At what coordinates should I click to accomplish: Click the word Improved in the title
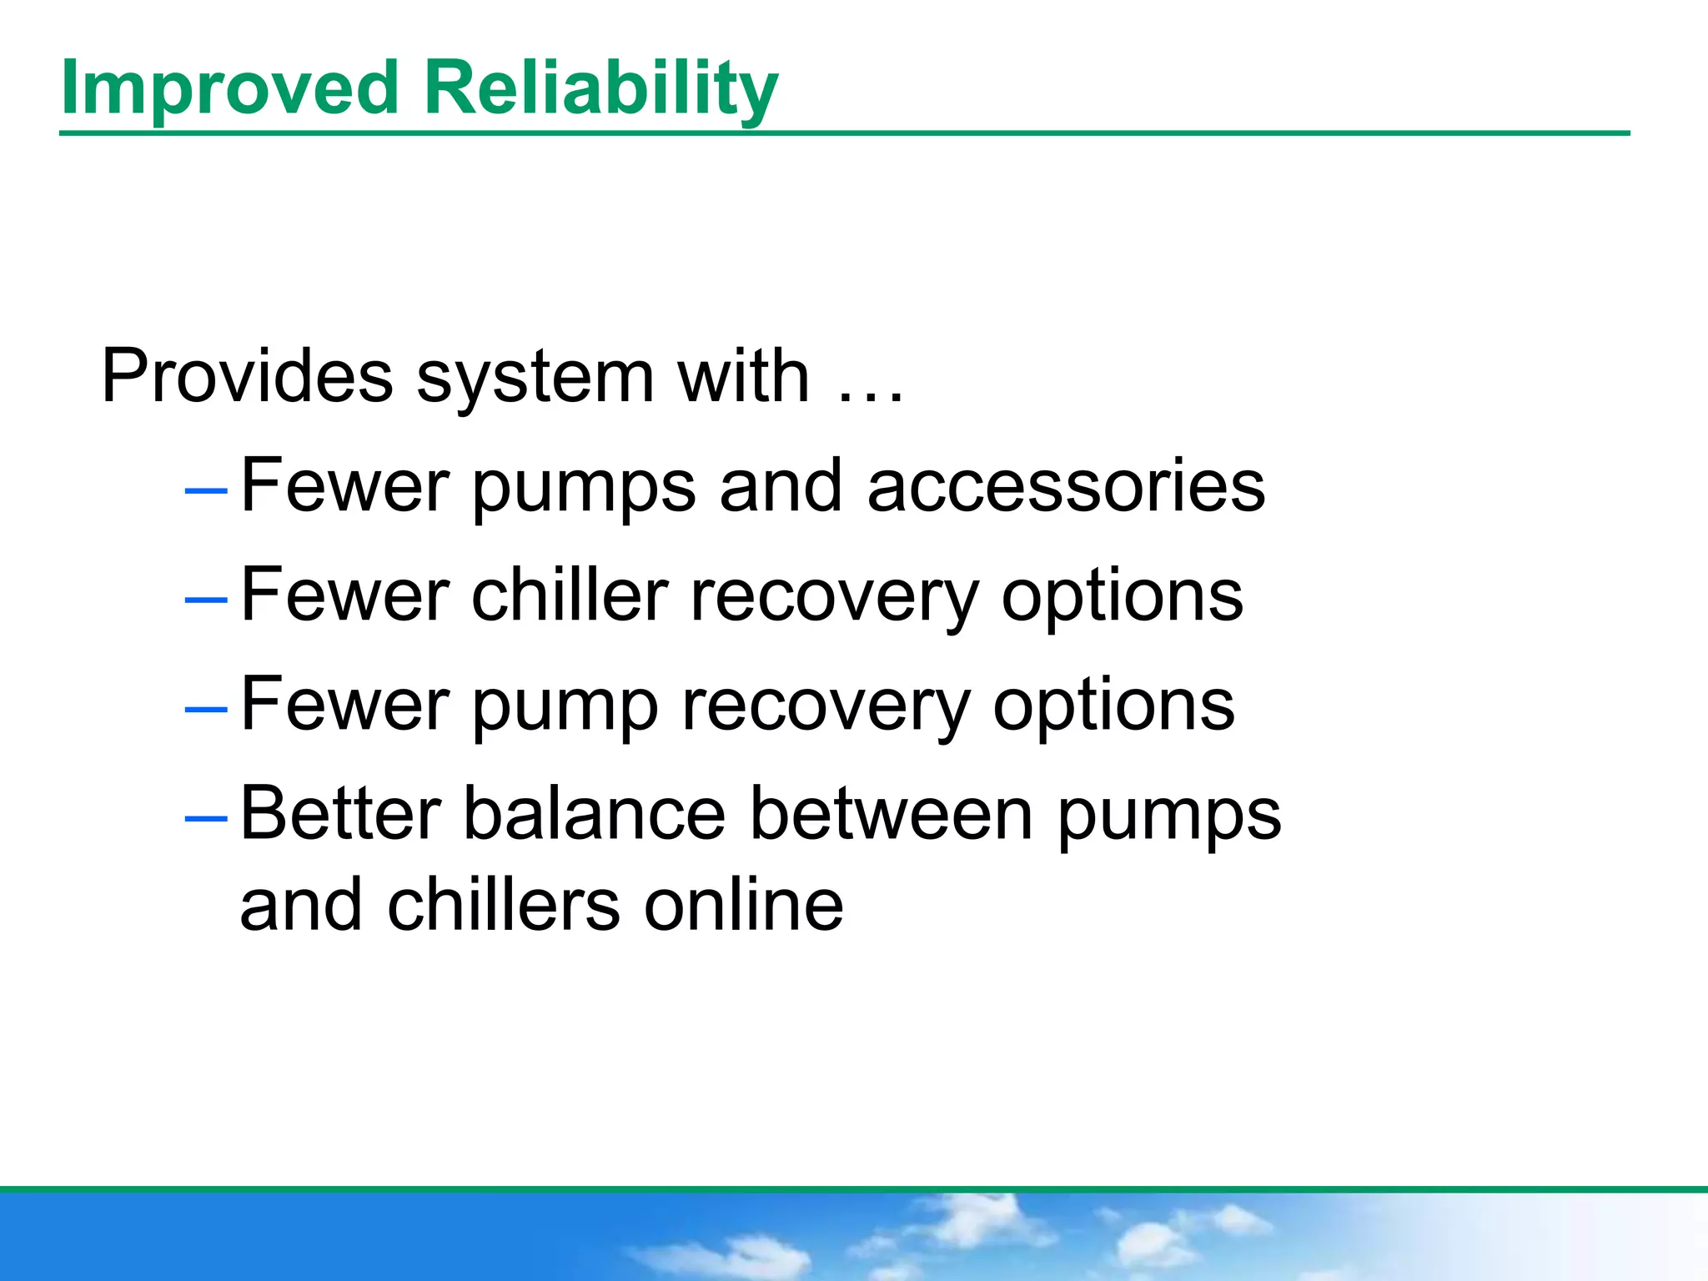pos(229,88)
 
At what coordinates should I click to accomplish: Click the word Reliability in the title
pos(600,88)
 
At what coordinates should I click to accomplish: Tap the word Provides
pos(247,377)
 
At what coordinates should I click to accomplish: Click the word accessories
pos(1066,487)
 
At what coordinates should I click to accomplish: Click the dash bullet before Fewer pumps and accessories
pos(205,491)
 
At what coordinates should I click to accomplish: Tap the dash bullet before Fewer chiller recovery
pos(205,600)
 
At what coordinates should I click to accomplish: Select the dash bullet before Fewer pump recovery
pos(205,709)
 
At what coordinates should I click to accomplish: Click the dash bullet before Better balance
pos(205,818)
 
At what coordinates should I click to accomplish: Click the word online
pos(743,906)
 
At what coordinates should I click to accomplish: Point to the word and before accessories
pos(781,487)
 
